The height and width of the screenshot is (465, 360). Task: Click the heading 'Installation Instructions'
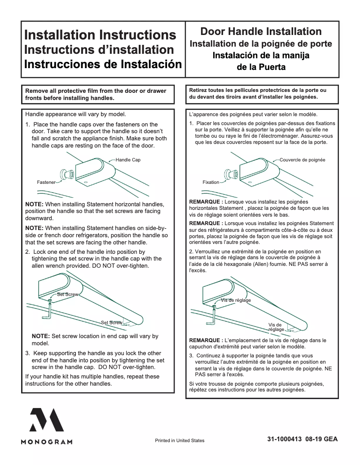[100, 35]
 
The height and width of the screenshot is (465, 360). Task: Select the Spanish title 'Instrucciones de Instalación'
[103, 63]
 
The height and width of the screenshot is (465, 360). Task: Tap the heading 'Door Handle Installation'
[261, 31]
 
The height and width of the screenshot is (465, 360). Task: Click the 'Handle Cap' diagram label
[128, 160]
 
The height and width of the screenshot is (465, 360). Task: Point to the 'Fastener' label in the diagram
[46, 183]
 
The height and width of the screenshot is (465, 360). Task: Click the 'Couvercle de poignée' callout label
[302, 160]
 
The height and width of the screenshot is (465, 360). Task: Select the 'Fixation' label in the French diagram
[211, 182]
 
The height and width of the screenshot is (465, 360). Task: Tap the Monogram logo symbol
[47, 420]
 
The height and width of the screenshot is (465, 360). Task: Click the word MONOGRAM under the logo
[47, 442]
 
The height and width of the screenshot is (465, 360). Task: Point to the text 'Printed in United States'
[180, 440]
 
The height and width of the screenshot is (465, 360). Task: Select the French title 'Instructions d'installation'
[99, 49]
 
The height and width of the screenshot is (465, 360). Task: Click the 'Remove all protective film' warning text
[96, 94]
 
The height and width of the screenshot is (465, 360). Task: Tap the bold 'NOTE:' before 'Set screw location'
[41, 336]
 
